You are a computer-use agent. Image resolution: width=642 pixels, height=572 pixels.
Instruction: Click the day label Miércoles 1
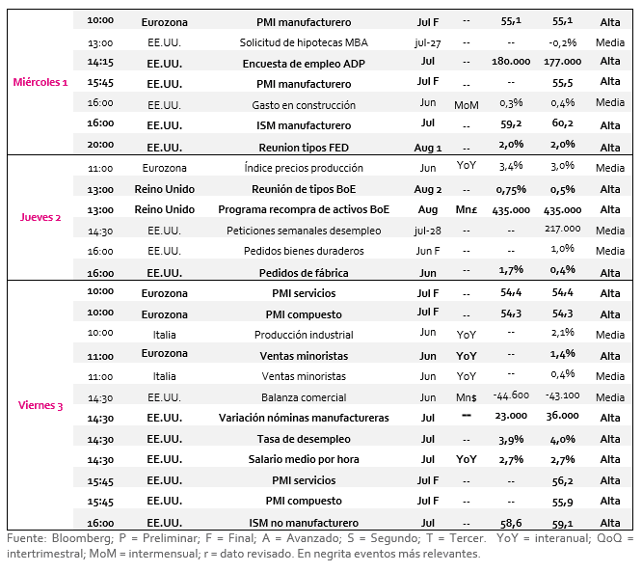tap(40, 82)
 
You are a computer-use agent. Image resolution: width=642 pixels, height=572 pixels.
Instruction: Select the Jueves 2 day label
tap(40, 217)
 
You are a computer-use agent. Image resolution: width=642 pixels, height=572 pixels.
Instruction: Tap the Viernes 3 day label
tap(40, 405)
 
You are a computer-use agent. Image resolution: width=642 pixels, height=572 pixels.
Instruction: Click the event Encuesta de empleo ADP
tap(304, 64)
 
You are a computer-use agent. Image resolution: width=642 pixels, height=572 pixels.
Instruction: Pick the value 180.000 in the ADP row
tap(511, 62)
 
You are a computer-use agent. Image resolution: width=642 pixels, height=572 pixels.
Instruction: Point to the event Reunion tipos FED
tap(304, 148)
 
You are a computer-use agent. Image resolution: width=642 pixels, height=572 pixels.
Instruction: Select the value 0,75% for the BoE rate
tap(511, 190)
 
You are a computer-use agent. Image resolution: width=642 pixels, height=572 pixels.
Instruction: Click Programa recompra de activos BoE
tap(304, 209)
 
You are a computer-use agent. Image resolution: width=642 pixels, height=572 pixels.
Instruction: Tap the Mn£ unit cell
tap(467, 210)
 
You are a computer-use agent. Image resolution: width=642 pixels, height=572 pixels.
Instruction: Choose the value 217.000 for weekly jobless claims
tap(562, 229)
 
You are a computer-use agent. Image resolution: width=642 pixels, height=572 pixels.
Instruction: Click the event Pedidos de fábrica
tap(304, 273)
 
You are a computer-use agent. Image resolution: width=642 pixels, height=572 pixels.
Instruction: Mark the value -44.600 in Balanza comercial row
tap(511, 395)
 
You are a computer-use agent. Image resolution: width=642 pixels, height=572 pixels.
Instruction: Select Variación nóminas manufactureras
tap(304, 418)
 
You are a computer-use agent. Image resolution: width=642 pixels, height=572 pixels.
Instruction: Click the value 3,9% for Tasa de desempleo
tap(511, 440)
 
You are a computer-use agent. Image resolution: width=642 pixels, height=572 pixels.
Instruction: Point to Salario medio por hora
tap(304, 459)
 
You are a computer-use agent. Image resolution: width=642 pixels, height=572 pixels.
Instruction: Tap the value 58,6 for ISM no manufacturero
tap(511, 523)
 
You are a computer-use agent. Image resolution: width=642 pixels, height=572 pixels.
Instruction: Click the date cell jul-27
tap(427, 43)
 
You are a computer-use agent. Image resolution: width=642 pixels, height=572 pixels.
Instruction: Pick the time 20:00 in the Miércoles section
tap(100, 145)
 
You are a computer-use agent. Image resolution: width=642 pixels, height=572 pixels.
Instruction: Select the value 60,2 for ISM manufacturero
tap(562, 123)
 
